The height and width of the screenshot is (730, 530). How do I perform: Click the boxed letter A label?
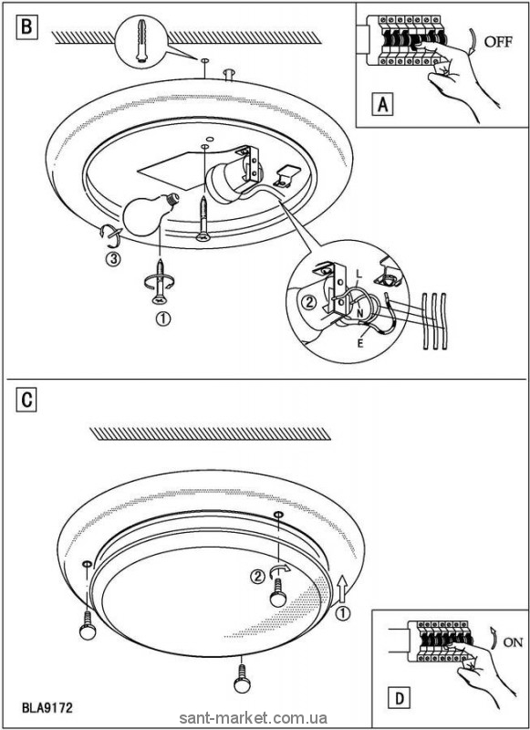click(x=382, y=104)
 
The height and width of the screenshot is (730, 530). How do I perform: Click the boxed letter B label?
click(x=26, y=26)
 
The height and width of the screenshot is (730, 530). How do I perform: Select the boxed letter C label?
click(x=26, y=400)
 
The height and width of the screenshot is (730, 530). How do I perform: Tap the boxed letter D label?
click(x=400, y=698)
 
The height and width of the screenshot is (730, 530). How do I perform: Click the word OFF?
click(x=498, y=42)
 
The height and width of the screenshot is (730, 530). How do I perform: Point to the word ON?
click(x=514, y=642)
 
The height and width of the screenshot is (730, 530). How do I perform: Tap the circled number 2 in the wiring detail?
click(x=307, y=303)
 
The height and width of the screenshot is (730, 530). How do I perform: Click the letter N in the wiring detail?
click(x=360, y=313)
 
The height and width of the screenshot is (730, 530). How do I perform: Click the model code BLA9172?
click(x=47, y=708)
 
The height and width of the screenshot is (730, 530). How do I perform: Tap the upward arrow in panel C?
click(x=342, y=588)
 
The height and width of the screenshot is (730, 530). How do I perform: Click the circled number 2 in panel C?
click(x=257, y=577)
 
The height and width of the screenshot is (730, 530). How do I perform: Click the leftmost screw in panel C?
click(x=88, y=625)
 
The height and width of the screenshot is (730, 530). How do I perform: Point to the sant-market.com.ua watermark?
click(x=253, y=717)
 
